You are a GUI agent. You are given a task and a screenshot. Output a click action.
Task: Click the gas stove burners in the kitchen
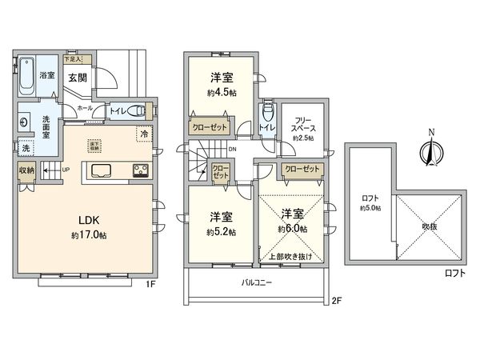(x=139, y=169)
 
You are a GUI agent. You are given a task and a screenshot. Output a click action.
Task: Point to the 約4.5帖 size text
(x=222, y=92)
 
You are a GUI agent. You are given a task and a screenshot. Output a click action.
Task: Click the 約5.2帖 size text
(x=222, y=233)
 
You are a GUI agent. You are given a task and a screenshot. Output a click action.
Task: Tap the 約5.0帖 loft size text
(x=370, y=207)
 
